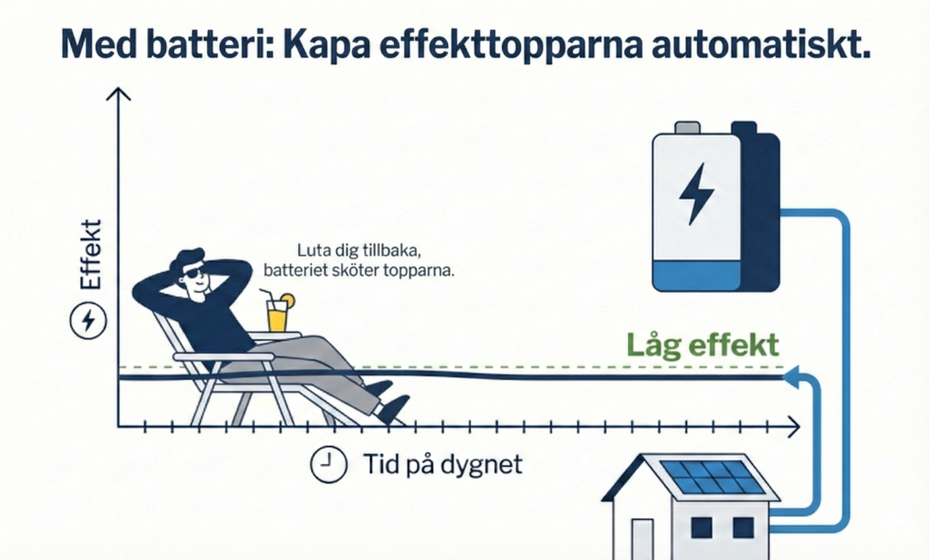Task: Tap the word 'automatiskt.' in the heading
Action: [x=761, y=44]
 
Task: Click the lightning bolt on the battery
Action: [x=696, y=193]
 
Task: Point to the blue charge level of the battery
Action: [x=696, y=275]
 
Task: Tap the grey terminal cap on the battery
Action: [x=687, y=127]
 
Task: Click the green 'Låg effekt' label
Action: [x=702, y=344]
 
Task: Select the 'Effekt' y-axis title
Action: [x=90, y=254]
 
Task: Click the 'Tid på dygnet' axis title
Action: [x=443, y=464]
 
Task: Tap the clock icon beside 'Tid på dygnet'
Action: [x=328, y=464]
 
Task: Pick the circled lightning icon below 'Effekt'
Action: [x=88, y=321]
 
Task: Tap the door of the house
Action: [x=642, y=539]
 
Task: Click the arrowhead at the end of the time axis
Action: [x=793, y=426]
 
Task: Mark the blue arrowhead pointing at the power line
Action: [x=791, y=377]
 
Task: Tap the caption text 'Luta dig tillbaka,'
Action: [x=359, y=250]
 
